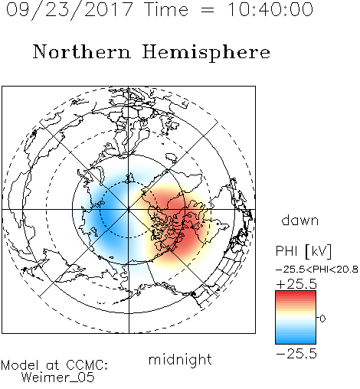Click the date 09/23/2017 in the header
[70, 9]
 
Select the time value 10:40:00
[270, 9]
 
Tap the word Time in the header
[166, 9]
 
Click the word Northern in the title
[81, 51]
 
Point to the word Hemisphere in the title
[206, 53]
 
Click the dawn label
[299, 220]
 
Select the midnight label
[180, 359]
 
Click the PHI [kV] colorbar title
[303, 251]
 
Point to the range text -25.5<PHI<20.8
[316, 270]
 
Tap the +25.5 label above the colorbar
[296, 284]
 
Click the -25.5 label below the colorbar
[296, 354]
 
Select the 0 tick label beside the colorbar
[322, 319]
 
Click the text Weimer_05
[57, 378]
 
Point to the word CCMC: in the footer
[87, 365]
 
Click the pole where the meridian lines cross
[129, 210]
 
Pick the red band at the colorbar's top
[296, 294]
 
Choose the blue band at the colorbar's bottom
[296, 341]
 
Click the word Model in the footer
[20, 365]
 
